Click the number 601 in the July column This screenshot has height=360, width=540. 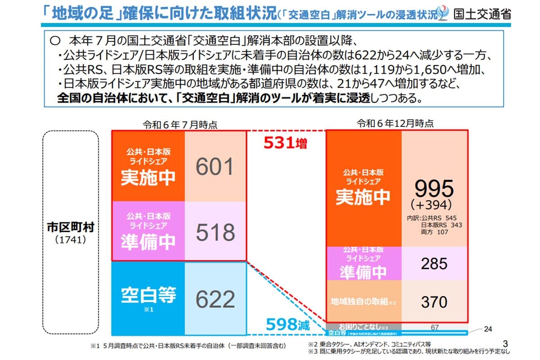tap(215, 166)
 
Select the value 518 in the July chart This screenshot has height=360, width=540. tap(215, 232)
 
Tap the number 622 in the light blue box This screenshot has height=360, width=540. tap(215, 299)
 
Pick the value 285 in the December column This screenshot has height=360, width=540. tap(435, 264)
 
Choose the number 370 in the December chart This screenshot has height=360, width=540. tap(435, 301)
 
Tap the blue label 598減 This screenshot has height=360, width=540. tap(287, 324)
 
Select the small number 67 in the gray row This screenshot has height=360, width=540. tap(435, 327)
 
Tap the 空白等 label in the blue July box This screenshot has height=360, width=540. tap(148, 295)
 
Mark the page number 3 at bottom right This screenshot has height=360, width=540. tap(505, 343)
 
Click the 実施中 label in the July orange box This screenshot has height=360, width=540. tap(148, 178)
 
